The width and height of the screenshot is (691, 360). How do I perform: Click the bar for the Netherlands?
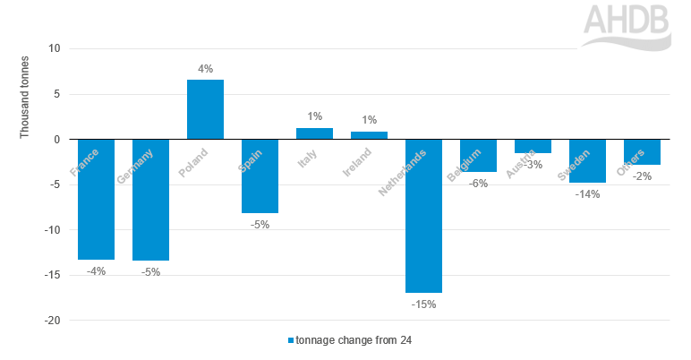[x=423, y=215]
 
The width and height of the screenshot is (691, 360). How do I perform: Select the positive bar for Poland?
[x=205, y=109]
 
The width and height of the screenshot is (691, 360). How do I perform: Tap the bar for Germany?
[x=150, y=199]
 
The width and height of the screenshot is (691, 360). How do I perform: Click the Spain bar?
[x=260, y=176]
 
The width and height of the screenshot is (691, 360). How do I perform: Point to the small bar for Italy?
[x=314, y=133]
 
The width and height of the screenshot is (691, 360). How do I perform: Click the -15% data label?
[x=423, y=304]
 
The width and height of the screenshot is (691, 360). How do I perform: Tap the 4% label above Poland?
[x=205, y=67]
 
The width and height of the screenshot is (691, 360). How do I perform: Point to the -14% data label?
[x=587, y=193]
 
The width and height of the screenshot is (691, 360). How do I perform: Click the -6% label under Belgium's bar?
[x=478, y=183]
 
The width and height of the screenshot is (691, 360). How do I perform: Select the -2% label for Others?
[x=641, y=176]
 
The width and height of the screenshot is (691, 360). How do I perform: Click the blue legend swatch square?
[x=290, y=340]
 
